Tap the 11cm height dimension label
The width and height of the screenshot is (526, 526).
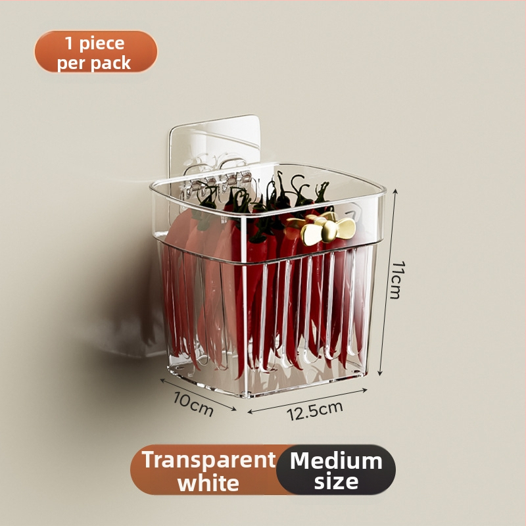pos(398,280)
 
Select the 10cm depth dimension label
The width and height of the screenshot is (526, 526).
pos(193,404)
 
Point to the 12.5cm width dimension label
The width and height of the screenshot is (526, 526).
pos(315,410)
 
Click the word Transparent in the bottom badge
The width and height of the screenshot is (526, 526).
pos(208,459)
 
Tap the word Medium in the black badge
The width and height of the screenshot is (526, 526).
pos(336,461)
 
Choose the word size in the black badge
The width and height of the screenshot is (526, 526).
pos(336,481)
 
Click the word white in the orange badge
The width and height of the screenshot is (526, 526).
pos(208,483)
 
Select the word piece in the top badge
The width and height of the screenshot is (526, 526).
pos(102,44)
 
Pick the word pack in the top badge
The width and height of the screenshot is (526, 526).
pos(111,63)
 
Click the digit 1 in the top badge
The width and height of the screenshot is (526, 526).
pos(69,43)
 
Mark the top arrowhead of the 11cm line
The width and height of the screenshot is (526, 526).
pos(396,191)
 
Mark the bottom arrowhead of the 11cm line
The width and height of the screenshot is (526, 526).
pos(380,373)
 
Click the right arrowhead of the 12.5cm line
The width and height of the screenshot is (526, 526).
pos(365,389)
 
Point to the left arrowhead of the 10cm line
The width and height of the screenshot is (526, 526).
pos(162,381)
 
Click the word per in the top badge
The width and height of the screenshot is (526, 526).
pos(71,63)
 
